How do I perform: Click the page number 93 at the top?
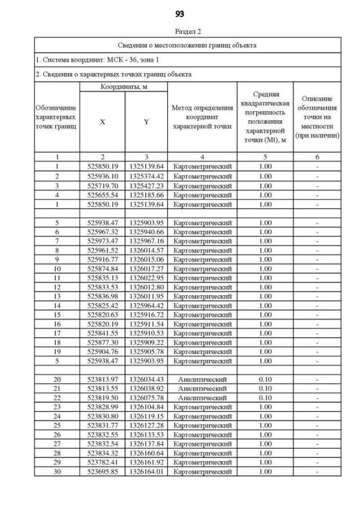(x=180, y=13)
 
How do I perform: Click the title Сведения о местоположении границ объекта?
(x=188, y=45)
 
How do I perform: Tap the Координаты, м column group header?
(x=124, y=87)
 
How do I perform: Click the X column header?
(x=102, y=121)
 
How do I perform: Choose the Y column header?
(x=146, y=121)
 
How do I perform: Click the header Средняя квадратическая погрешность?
(x=265, y=117)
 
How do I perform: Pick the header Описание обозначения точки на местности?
(x=318, y=117)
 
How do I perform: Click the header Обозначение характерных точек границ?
(x=56, y=117)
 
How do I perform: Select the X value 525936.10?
(x=102, y=176)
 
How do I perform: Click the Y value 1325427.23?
(x=146, y=186)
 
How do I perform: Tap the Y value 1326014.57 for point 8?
(x=146, y=250)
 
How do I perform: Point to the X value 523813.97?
(x=102, y=380)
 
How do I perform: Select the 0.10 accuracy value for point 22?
(x=265, y=398)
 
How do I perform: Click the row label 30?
(x=57, y=471)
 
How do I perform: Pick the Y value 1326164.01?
(x=146, y=471)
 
